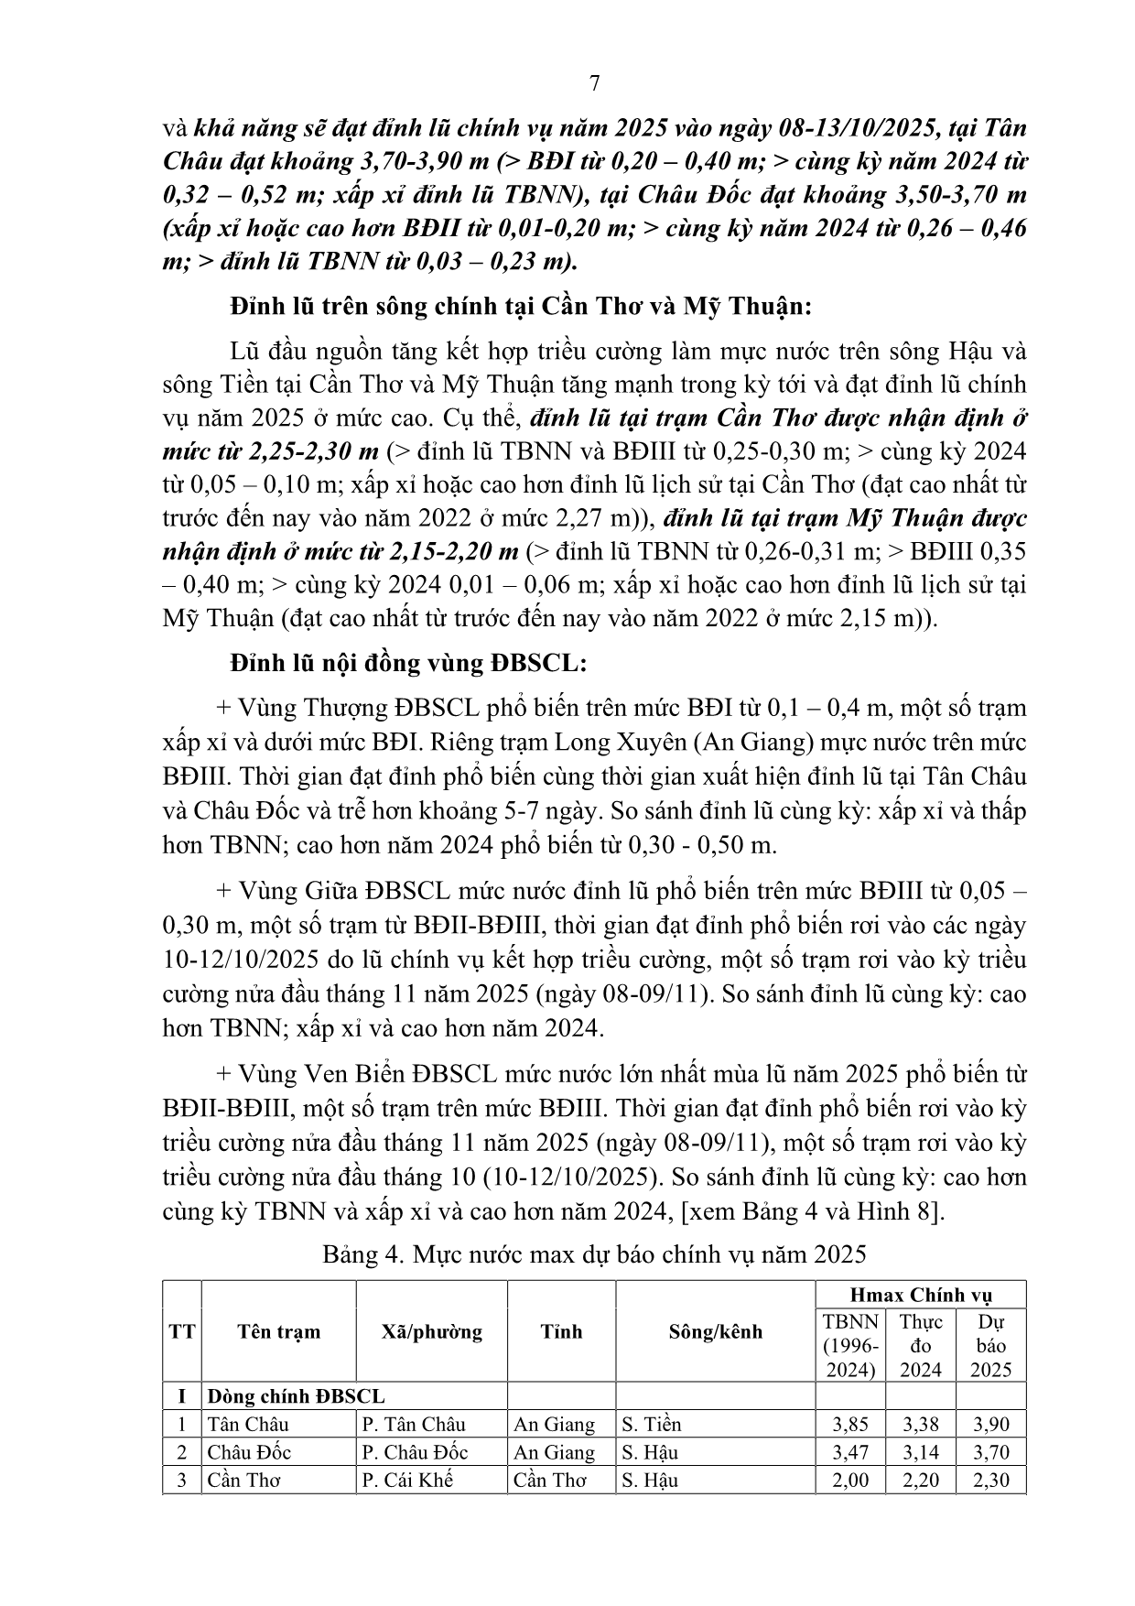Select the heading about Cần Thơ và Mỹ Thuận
coord(522,306)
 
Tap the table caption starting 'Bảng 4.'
coord(594,1253)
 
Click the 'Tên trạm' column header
coord(278,1331)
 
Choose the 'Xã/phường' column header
coord(431,1331)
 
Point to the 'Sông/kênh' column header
coord(715,1331)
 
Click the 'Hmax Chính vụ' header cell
coord(921,1295)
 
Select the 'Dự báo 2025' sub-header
coord(990,1345)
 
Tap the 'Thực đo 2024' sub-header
coord(921,1345)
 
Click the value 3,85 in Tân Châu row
coord(850,1425)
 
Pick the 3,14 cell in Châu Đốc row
coord(921,1452)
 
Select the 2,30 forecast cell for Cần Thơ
coord(990,1480)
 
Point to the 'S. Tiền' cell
coord(652,1425)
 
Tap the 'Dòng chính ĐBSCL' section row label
coord(297,1396)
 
